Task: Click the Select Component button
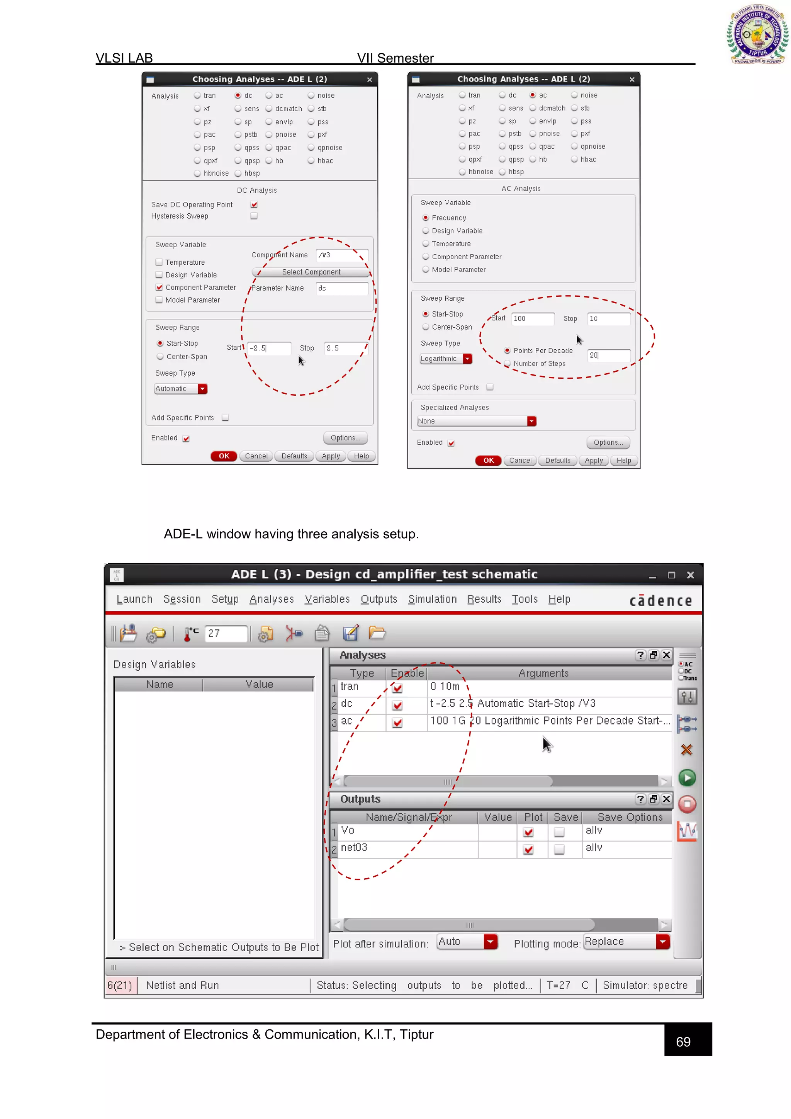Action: [x=311, y=272]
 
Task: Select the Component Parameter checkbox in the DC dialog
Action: [x=159, y=287]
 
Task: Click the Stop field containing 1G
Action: [x=608, y=319]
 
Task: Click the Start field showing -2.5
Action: [x=269, y=348]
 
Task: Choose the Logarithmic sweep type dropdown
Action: [x=446, y=359]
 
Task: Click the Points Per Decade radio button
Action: [x=507, y=350]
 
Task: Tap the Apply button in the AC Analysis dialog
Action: [x=593, y=461]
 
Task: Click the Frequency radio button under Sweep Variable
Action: [x=426, y=218]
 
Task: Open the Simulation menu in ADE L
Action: [x=432, y=599]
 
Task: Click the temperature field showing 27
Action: [x=226, y=633]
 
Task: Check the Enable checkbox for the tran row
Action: [x=397, y=688]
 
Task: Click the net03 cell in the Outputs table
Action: [x=354, y=847]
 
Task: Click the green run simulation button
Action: [x=687, y=778]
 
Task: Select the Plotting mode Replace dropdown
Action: [x=626, y=942]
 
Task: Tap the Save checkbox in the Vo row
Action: [x=559, y=832]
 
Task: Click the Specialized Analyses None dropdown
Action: [x=476, y=421]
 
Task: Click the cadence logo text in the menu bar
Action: [x=660, y=601]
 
